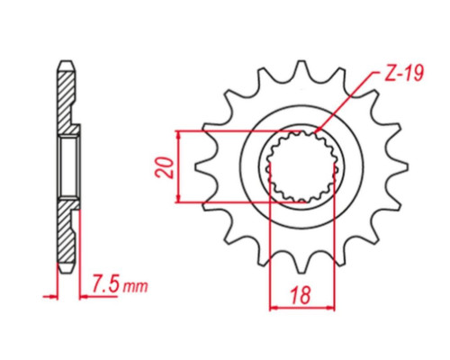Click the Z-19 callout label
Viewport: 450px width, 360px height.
[x=404, y=73]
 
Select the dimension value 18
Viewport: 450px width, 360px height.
[x=301, y=295]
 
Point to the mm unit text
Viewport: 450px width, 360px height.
[x=136, y=286]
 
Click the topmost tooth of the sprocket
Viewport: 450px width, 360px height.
[x=301, y=69]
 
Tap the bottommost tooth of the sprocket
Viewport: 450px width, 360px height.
[x=301, y=264]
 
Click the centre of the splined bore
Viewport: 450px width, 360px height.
[x=301, y=167]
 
